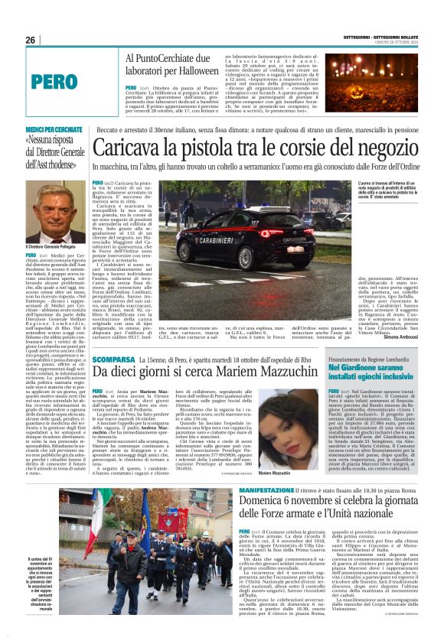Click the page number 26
pyautogui.click(x=30, y=41)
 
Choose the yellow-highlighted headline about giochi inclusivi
pyautogui.click(x=371, y=373)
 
